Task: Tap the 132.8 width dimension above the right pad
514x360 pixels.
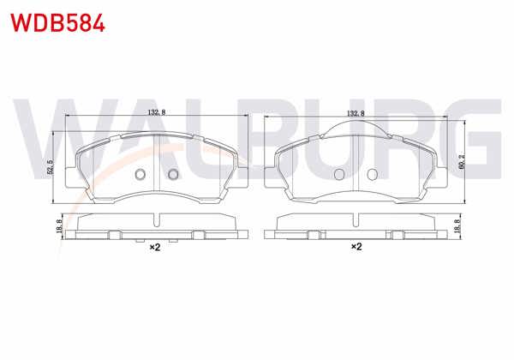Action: (x=356, y=112)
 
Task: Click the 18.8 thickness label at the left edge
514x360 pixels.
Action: (x=58, y=227)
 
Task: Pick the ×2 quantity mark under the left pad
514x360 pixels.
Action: (x=156, y=248)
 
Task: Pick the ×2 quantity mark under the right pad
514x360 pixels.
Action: (x=356, y=248)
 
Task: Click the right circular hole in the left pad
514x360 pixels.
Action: (x=172, y=175)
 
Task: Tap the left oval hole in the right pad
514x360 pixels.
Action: (x=339, y=174)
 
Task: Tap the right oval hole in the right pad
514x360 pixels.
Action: (x=373, y=174)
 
